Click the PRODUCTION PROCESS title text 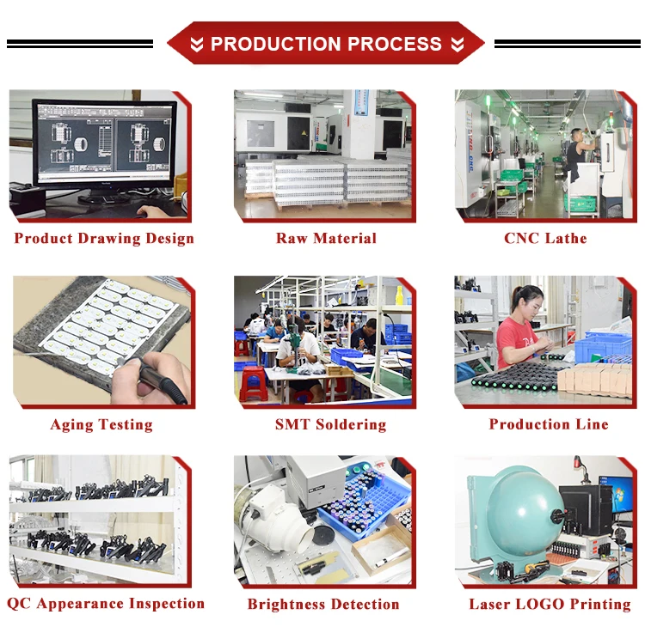326,45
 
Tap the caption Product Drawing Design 104,239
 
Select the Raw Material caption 326,239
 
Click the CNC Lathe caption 545,239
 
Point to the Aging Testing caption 101,424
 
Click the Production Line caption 549,424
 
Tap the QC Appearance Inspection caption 106,604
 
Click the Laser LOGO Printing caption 550,605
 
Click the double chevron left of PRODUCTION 197,45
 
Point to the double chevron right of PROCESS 457,45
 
